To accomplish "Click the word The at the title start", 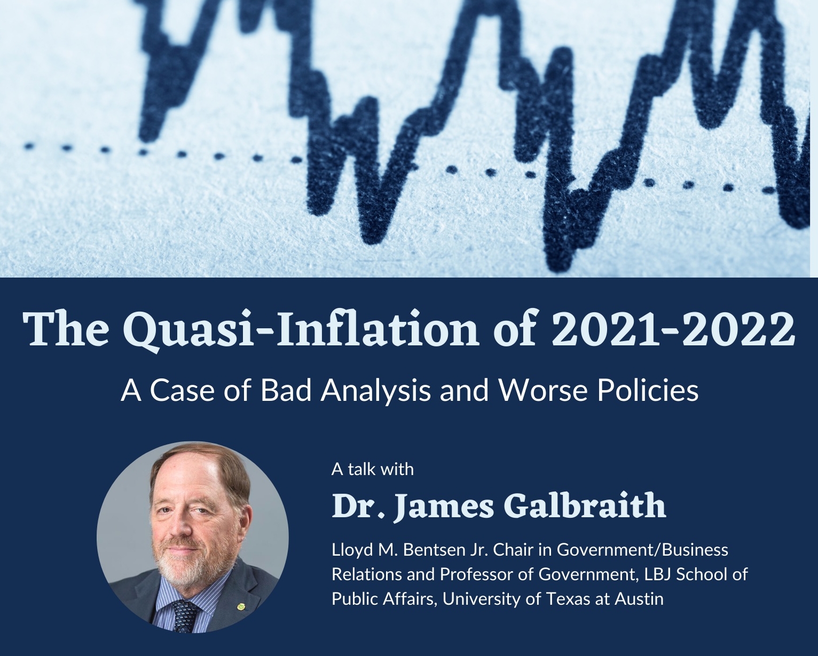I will [x=66, y=329].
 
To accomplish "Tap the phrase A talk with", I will [x=373, y=469].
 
